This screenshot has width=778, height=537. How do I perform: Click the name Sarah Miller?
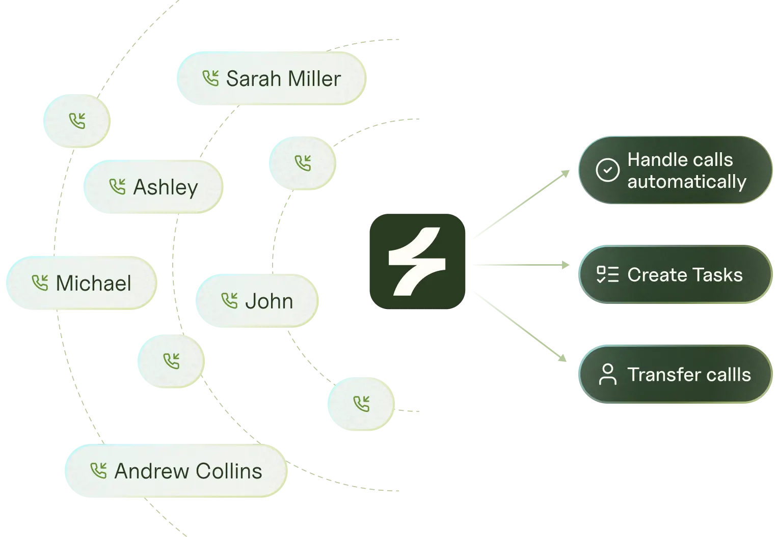pyautogui.click(x=283, y=79)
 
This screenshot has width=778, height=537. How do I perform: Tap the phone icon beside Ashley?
pyautogui.click(x=118, y=187)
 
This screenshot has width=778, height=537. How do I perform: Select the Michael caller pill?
pyautogui.click(x=82, y=283)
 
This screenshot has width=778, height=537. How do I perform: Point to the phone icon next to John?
pyautogui.click(x=230, y=301)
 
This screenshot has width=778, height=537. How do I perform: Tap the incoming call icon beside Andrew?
pyautogui.click(x=98, y=471)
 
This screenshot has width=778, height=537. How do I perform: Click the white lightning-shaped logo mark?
pyautogui.click(x=417, y=261)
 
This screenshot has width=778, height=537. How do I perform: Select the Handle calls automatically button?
pyautogui.click(x=675, y=171)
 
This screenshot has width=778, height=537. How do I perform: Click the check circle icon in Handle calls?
pyautogui.click(x=607, y=171)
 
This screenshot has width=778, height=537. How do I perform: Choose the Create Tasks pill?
pyautogui.click(x=675, y=275)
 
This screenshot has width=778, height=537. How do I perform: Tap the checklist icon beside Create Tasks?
pyautogui.click(x=607, y=275)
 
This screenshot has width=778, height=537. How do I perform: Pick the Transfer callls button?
pyautogui.click(x=675, y=375)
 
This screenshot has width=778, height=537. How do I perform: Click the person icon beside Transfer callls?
pyautogui.click(x=607, y=375)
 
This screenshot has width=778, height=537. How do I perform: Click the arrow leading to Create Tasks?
pyautogui.click(x=520, y=265)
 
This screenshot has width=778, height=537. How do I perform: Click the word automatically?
pyautogui.click(x=686, y=182)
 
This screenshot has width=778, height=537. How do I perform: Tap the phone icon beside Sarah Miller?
pyautogui.click(x=210, y=78)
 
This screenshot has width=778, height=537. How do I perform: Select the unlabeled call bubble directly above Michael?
pyautogui.click(x=75, y=121)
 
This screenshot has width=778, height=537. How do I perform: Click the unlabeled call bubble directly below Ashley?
pyautogui.click(x=171, y=361)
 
